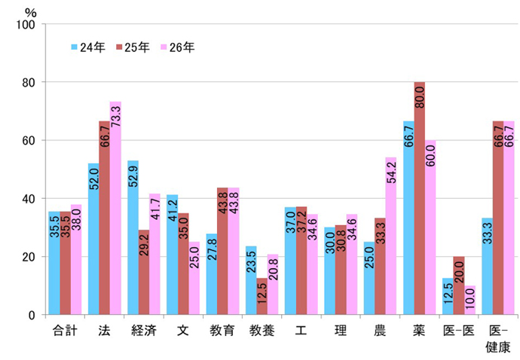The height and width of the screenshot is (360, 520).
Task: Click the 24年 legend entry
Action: coord(89,47)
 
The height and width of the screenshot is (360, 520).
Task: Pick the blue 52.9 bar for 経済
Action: coord(133,238)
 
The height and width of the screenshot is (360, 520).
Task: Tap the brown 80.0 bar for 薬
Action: coord(420,199)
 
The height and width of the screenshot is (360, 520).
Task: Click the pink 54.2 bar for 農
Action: coord(390,236)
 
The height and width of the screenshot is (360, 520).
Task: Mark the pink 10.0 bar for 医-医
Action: coord(469,301)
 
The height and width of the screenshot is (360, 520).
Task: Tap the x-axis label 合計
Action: coord(66,331)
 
